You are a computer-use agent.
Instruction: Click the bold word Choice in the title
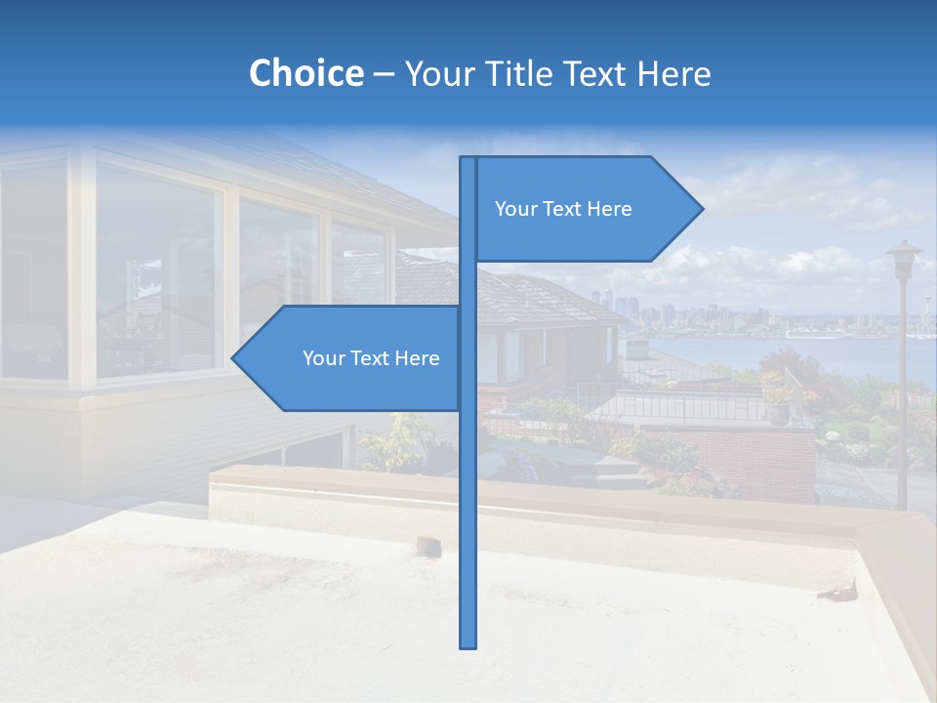click(x=306, y=73)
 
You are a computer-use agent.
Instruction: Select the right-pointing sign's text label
click(x=563, y=209)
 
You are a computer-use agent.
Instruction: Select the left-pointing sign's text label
click(x=371, y=358)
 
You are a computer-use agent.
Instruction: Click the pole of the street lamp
click(x=902, y=391)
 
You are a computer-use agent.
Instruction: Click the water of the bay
click(x=742, y=353)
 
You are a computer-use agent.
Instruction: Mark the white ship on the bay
click(x=814, y=333)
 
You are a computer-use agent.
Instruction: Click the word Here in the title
click(x=673, y=73)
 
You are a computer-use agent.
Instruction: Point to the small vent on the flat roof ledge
click(x=427, y=544)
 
